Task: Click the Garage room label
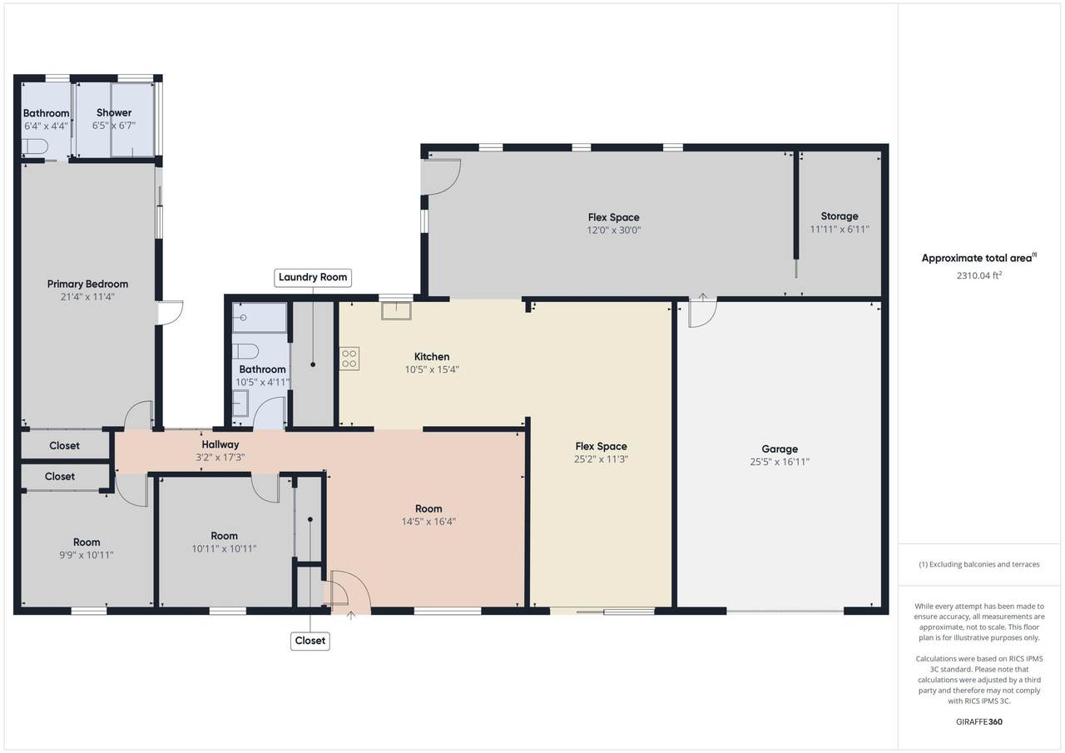(780, 448)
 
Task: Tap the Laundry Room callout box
(312, 278)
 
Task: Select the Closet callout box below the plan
(310, 641)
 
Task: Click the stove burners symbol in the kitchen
(349, 359)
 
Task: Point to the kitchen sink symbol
(397, 311)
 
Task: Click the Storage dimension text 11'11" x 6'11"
(840, 229)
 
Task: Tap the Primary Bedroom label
(87, 284)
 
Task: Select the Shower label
(114, 112)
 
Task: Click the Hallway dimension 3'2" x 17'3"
(220, 458)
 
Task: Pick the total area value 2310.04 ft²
(979, 275)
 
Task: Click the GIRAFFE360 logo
(979, 721)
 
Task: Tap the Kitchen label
(432, 357)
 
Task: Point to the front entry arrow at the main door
(351, 616)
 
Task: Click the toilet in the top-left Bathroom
(35, 146)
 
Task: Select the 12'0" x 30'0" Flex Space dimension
(613, 230)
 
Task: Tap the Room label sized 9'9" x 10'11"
(87, 542)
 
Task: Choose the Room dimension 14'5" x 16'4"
(428, 522)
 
